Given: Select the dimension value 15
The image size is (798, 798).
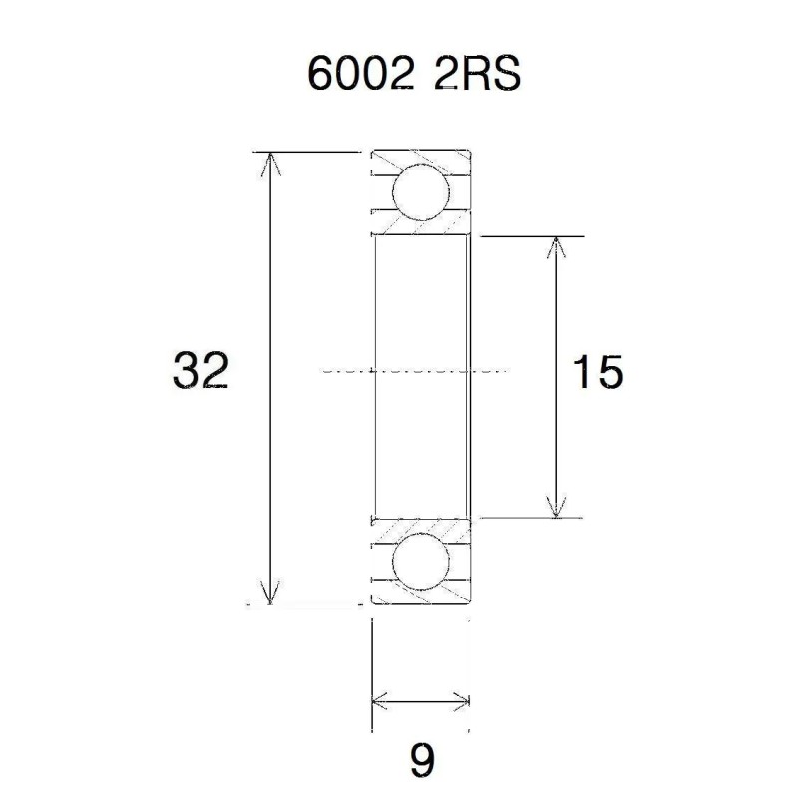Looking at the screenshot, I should (598, 373).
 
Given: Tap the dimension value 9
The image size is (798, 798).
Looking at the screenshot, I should (422, 761).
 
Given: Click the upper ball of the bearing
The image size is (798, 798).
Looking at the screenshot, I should (419, 192).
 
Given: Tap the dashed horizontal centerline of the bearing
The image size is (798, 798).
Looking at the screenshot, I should (419, 370).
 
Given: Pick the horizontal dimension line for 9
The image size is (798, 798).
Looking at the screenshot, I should (420, 700).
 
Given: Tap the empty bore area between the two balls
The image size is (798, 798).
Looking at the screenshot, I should (419, 319).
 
